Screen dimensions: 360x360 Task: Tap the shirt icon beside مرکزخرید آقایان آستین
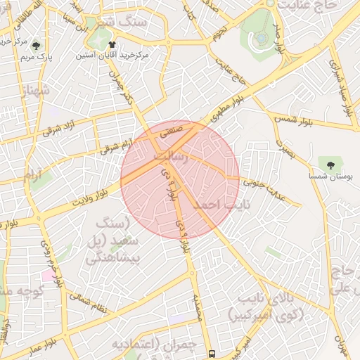coord(112,45)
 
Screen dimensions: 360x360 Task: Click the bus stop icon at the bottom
coord(212,354)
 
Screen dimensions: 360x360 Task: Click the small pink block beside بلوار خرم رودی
coord(46,274)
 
